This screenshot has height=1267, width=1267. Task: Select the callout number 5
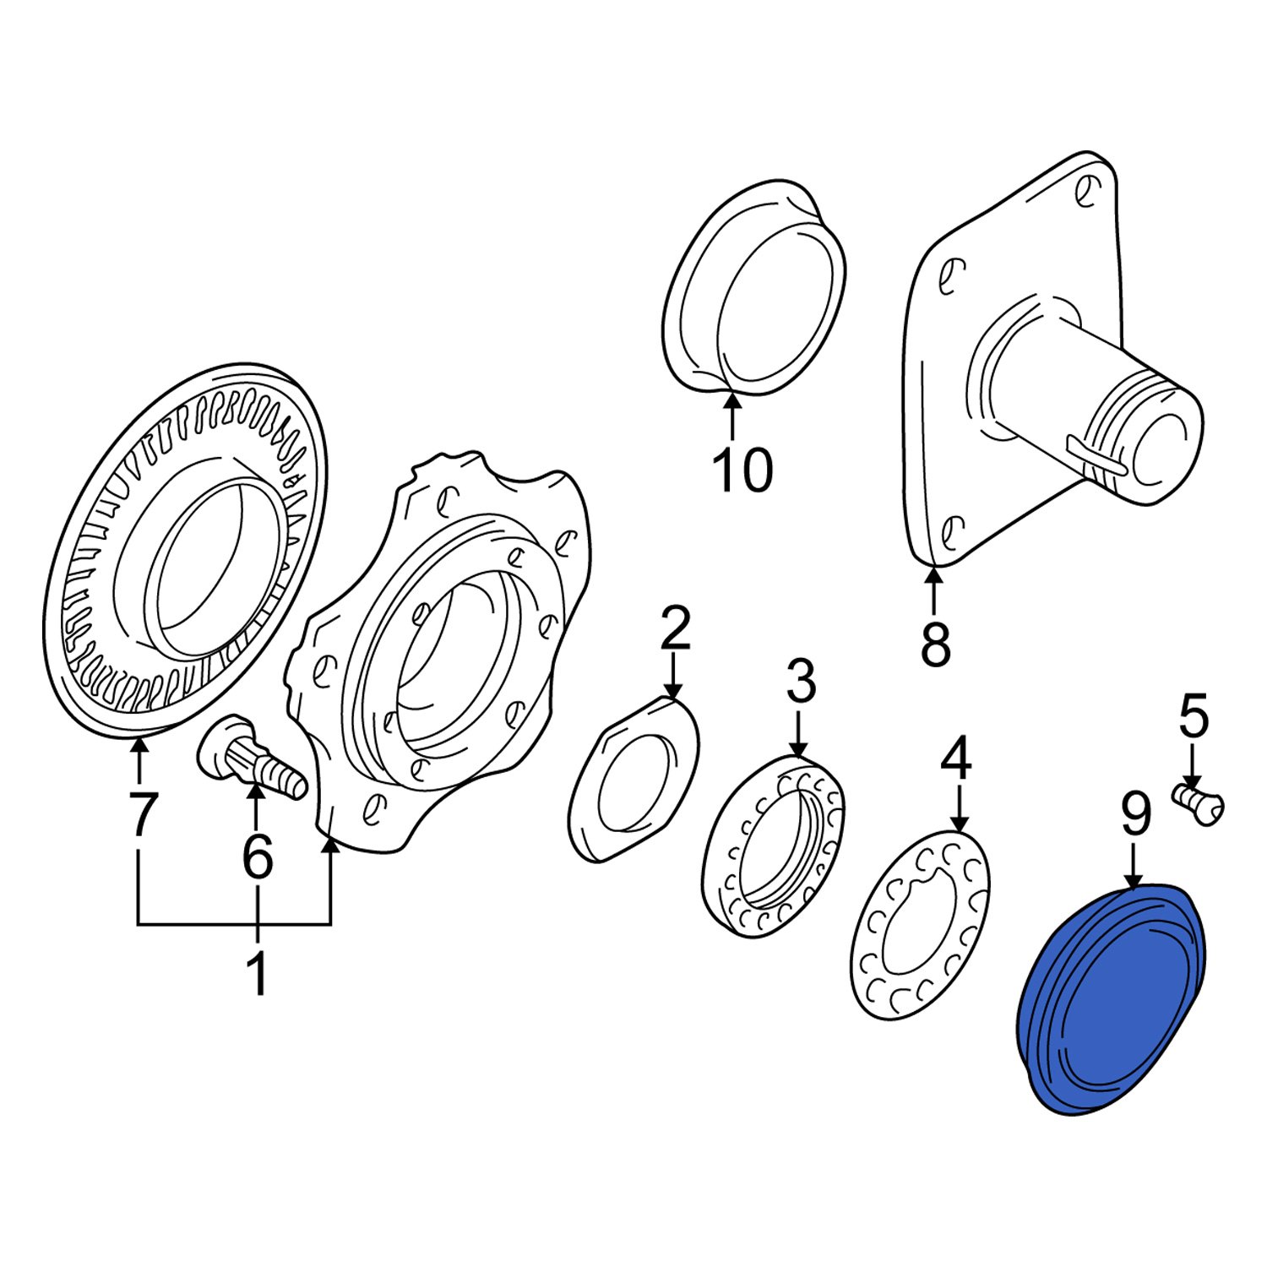1194,718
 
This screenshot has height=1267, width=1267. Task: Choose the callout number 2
675,628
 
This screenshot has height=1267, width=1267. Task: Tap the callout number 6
257,856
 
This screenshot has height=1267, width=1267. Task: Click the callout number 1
257,973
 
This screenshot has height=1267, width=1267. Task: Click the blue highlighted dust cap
1111,1001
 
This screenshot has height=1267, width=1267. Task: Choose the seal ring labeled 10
754,287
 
